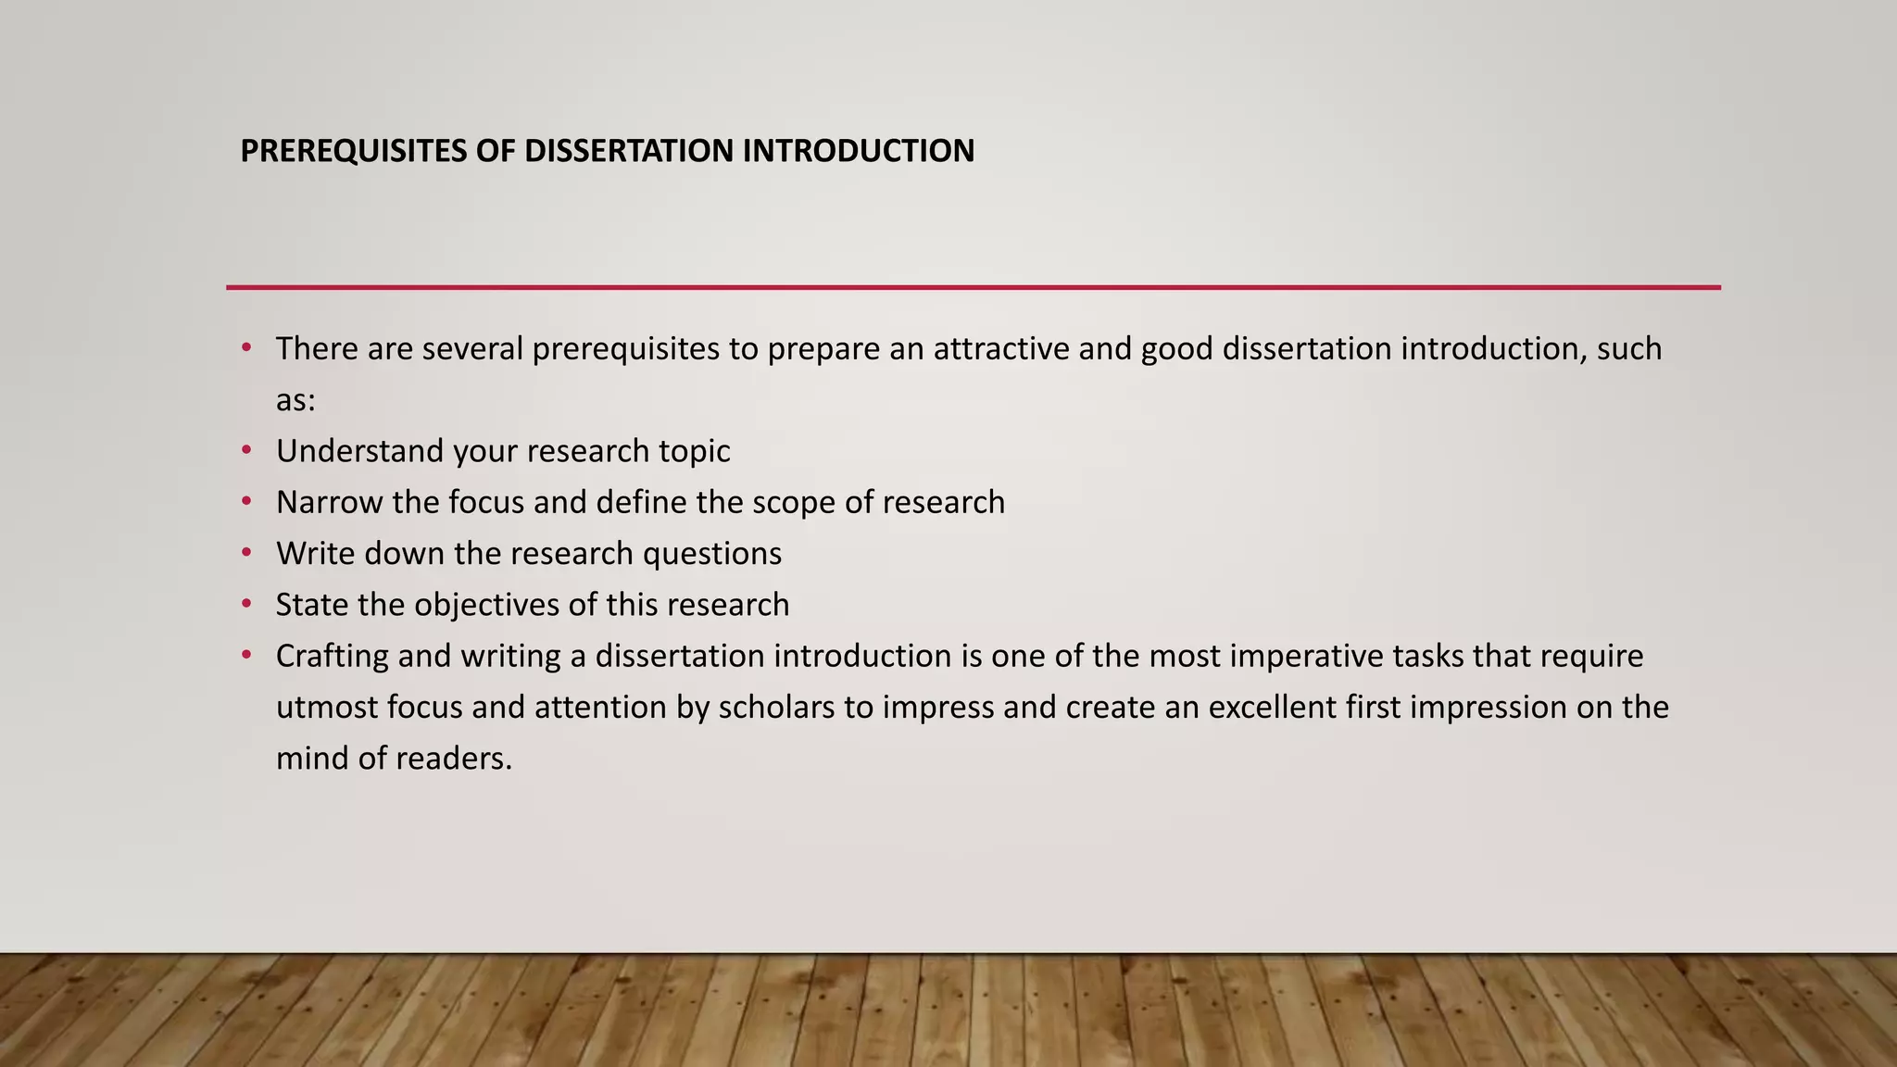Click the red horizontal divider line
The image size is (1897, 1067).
coord(973,287)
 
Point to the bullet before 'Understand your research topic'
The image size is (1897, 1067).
coord(246,450)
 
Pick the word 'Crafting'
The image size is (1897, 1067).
coord(332,656)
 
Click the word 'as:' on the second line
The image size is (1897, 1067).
coord(295,401)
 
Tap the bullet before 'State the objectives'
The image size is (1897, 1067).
coord(246,604)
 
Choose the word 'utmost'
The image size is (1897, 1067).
coord(327,708)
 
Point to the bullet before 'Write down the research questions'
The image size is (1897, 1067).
coord(246,553)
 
